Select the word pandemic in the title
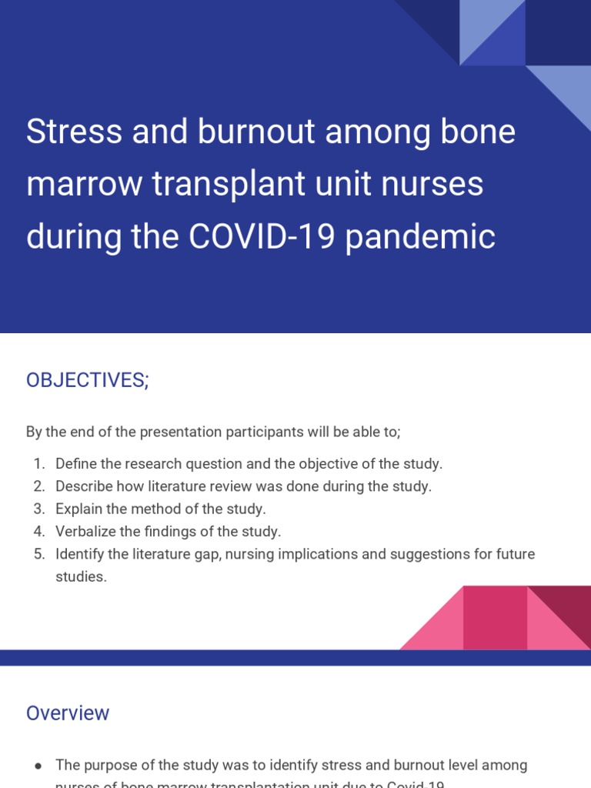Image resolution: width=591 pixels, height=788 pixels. point(420,237)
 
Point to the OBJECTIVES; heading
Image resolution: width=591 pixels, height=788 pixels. point(87,380)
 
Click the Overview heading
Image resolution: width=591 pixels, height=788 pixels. point(68,713)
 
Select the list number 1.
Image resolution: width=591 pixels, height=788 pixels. point(38,464)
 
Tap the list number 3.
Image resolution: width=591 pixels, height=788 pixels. point(38,509)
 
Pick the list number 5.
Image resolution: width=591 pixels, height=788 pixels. point(38,554)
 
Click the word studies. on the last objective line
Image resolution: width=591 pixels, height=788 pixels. point(81,576)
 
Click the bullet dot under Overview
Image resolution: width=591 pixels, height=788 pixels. point(38,766)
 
